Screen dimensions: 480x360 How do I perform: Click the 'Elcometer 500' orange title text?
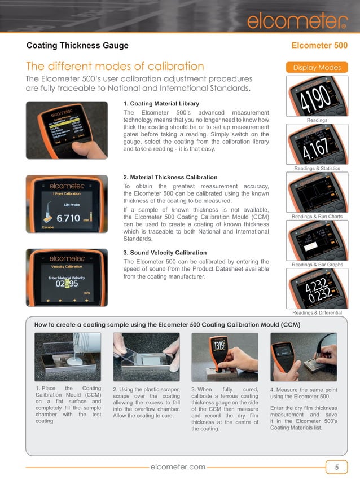tap(319, 46)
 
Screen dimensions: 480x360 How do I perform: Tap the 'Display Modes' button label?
tap(317, 68)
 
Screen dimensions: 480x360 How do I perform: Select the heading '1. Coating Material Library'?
tap(161, 104)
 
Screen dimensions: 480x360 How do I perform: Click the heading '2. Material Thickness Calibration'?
tap(170, 178)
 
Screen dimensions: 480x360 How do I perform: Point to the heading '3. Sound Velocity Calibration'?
tap(165, 253)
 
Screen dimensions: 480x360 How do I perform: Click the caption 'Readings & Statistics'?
tap(317, 169)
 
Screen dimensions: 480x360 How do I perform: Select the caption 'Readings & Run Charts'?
tap(317, 217)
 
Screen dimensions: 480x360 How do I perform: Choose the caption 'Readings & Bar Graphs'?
tap(317, 265)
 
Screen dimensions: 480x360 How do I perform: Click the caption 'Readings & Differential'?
tap(317, 312)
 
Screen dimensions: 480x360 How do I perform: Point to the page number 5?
tap(337, 467)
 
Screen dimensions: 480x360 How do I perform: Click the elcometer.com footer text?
tap(179, 467)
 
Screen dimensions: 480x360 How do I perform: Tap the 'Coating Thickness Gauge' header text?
tap(78, 46)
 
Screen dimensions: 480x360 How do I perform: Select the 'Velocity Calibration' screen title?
tap(66, 267)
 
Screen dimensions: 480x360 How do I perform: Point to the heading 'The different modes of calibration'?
tap(115, 67)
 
